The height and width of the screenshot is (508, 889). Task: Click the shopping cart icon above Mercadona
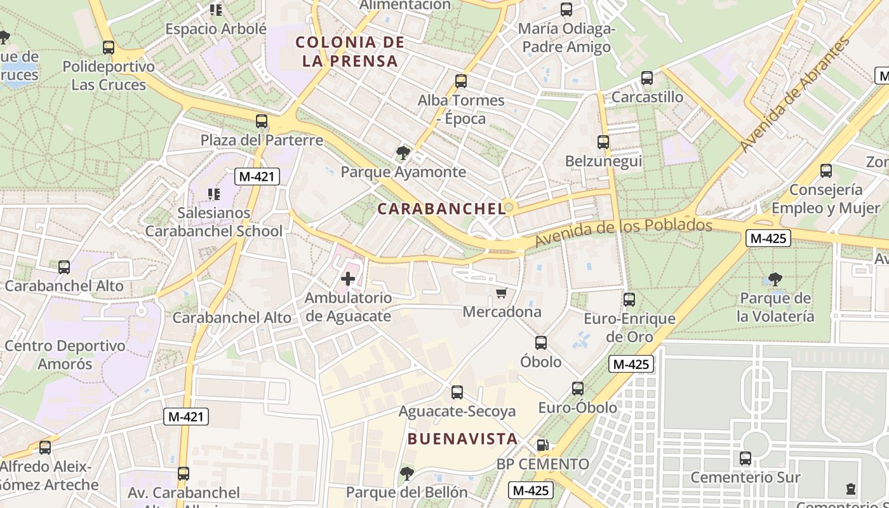(502, 293)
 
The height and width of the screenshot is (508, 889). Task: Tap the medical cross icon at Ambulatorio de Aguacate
(348, 278)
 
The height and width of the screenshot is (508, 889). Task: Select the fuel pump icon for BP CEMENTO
(542, 445)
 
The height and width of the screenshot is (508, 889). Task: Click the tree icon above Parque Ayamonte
(403, 152)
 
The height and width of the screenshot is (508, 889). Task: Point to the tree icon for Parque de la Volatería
(775, 279)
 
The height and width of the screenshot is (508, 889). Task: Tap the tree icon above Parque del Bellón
(406, 473)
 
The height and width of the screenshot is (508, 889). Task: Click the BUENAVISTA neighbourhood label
(462, 439)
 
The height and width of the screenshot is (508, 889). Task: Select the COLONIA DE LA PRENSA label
(350, 52)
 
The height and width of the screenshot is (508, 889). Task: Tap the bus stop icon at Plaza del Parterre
(262, 121)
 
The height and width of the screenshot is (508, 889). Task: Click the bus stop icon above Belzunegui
(603, 142)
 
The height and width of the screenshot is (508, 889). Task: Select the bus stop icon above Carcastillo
(646, 78)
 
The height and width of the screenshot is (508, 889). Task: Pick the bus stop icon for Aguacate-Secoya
(457, 392)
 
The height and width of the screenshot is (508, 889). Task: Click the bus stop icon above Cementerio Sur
(745, 458)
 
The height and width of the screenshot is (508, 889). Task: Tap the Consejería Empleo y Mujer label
(825, 199)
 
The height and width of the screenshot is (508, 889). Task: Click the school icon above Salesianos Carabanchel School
(215, 194)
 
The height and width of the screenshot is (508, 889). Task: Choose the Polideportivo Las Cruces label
(109, 76)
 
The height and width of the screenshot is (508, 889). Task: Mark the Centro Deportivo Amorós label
(65, 355)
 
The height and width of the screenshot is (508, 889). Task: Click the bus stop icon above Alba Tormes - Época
(461, 81)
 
